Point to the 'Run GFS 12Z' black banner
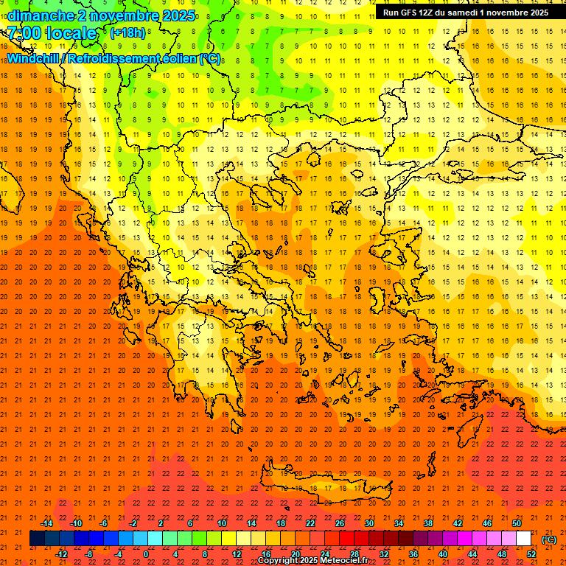tap(465, 13)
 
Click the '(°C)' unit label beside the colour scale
tap(549, 539)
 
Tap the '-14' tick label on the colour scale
tap(46, 523)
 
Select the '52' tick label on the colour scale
tap(531, 554)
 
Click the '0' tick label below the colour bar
tap(145, 554)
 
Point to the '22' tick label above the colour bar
tap(310, 523)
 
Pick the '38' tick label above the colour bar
tap(428, 523)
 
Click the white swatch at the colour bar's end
tap(524, 539)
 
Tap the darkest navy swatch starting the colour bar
tap(37, 539)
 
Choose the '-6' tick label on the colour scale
tap(104, 523)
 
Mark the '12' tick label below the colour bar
tap(237, 554)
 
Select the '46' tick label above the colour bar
tap(487, 523)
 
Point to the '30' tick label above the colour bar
tap(369, 523)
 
